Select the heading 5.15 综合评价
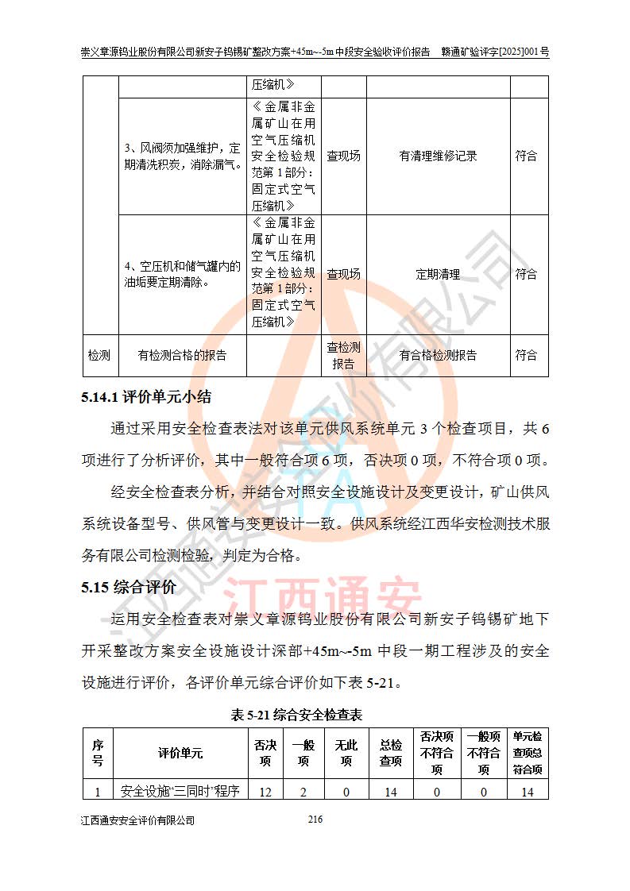tap(128, 588)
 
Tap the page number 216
tap(315, 820)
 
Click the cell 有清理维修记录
tap(438, 156)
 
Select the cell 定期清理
tap(438, 275)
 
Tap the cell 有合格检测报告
tap(438, 356)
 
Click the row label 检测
tap(99, 356)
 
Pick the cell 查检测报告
tap(343, 356)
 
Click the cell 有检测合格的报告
tap(182, 356)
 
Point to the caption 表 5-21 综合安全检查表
tap(296, 715)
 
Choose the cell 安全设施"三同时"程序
tap(180, 791)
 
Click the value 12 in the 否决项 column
tap(265, 791)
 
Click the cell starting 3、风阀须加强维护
tap(182, 156)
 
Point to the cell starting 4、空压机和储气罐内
tap(182, 275)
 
